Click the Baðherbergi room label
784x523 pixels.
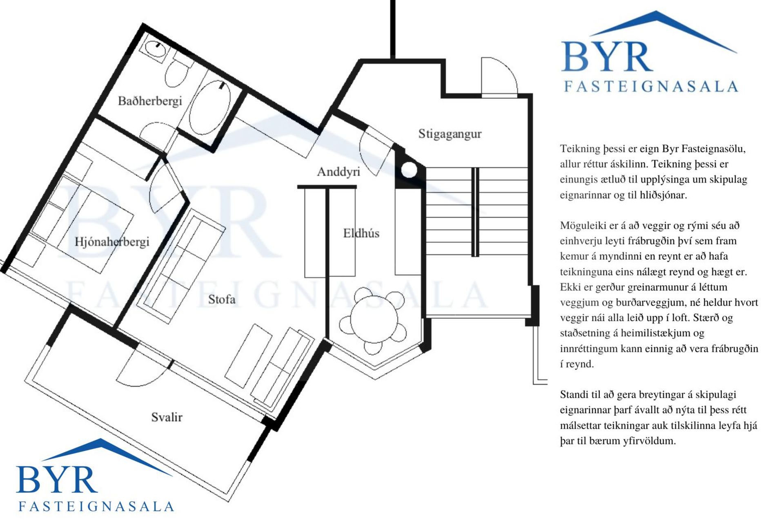[150, 101]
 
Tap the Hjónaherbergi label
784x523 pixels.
[112, 242]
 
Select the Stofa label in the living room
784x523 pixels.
[222, 299]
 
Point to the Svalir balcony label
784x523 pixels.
[167, 417]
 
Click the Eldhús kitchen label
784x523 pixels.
[361, 233]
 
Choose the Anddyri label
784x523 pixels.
[339, 172]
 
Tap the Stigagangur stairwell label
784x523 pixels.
[450, 134]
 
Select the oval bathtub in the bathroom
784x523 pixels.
[210, 107]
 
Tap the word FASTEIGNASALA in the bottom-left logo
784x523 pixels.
[96, 507]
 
